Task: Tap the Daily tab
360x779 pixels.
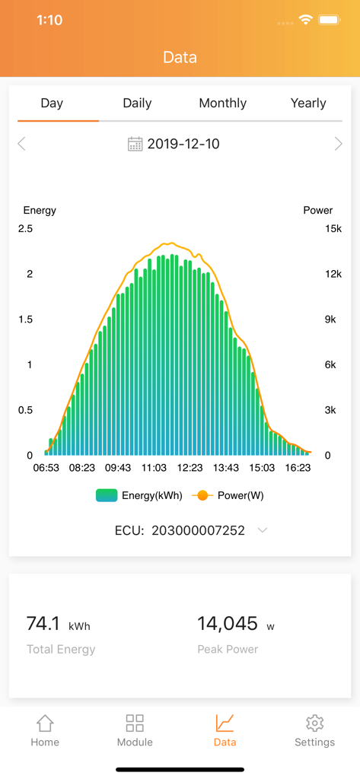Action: point(137,103)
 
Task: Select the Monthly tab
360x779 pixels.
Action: point(222,103)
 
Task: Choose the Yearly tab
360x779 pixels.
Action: point(308,103)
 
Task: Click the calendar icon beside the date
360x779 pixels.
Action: point(135,144)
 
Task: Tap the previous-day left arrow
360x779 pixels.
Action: point(22,144)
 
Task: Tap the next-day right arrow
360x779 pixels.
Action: point(338,144)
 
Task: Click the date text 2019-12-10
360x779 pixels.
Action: point(183,144)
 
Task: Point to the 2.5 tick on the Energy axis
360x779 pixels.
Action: point(25,228)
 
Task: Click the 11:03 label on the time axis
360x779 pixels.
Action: point(154,469)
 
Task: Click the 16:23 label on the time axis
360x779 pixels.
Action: point(298,469)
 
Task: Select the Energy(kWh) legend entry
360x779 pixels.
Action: point(139,495)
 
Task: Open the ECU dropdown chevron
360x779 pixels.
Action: point(263,530)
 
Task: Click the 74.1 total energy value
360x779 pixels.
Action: point(43,624)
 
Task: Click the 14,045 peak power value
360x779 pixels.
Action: point(228,624)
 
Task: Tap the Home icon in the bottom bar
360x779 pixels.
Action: point(45,723)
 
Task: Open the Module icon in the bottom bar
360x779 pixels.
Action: point(135,723)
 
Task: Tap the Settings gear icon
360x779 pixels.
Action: point(314,723)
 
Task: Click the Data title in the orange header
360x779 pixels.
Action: point(180,57)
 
